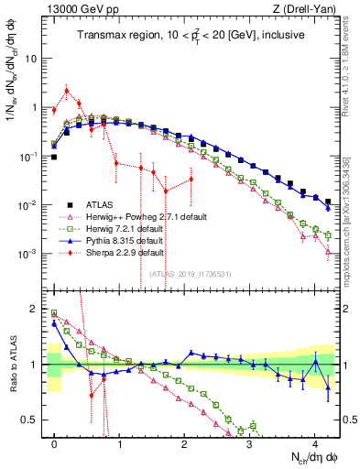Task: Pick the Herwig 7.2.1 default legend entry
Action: tap(109, 227)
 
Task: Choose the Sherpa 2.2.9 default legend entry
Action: tap(109, 251)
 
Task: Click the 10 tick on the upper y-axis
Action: tap(30, 58)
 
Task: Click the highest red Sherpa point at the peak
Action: tap(67, 90)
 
